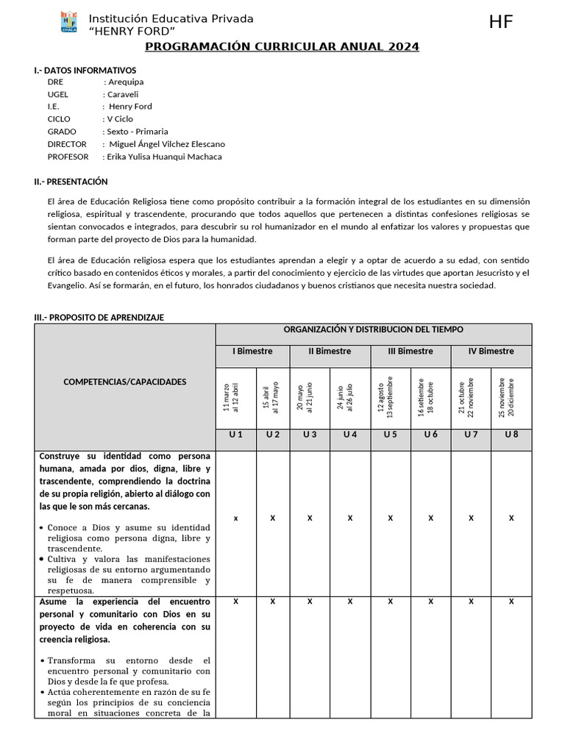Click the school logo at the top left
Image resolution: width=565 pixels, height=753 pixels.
coord(68,23)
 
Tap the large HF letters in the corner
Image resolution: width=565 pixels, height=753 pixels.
coord(501,23)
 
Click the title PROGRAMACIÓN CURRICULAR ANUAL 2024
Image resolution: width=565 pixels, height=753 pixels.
coord(282,47)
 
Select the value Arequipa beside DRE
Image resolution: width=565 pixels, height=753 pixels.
coord(125,82)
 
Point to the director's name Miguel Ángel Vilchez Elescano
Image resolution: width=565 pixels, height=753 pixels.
coord(166,144)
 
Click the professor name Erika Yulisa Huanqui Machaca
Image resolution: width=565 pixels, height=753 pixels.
coord(164,157)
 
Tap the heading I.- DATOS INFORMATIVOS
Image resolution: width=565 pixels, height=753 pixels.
coord(85,70)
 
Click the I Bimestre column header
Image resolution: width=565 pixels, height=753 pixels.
coord(252,351)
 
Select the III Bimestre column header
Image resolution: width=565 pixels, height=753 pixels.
coord(411,351)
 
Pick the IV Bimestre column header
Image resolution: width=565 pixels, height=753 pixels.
coord(491,351)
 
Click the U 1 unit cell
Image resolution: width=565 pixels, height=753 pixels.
coord(235,435)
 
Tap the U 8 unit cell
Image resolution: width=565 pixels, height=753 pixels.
coord(511,435)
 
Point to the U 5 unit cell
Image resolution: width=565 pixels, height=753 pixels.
coord(390,435)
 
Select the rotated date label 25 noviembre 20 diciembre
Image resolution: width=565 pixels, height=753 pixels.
coord(506,397)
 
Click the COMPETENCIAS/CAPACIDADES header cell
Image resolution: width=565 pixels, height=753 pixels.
coord(125,382)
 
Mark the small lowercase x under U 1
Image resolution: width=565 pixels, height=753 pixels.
coord(235,518)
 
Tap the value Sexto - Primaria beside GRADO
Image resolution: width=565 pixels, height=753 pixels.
coord(137,132)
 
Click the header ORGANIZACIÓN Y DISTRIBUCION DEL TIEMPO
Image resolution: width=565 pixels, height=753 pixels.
coord(373,329)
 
